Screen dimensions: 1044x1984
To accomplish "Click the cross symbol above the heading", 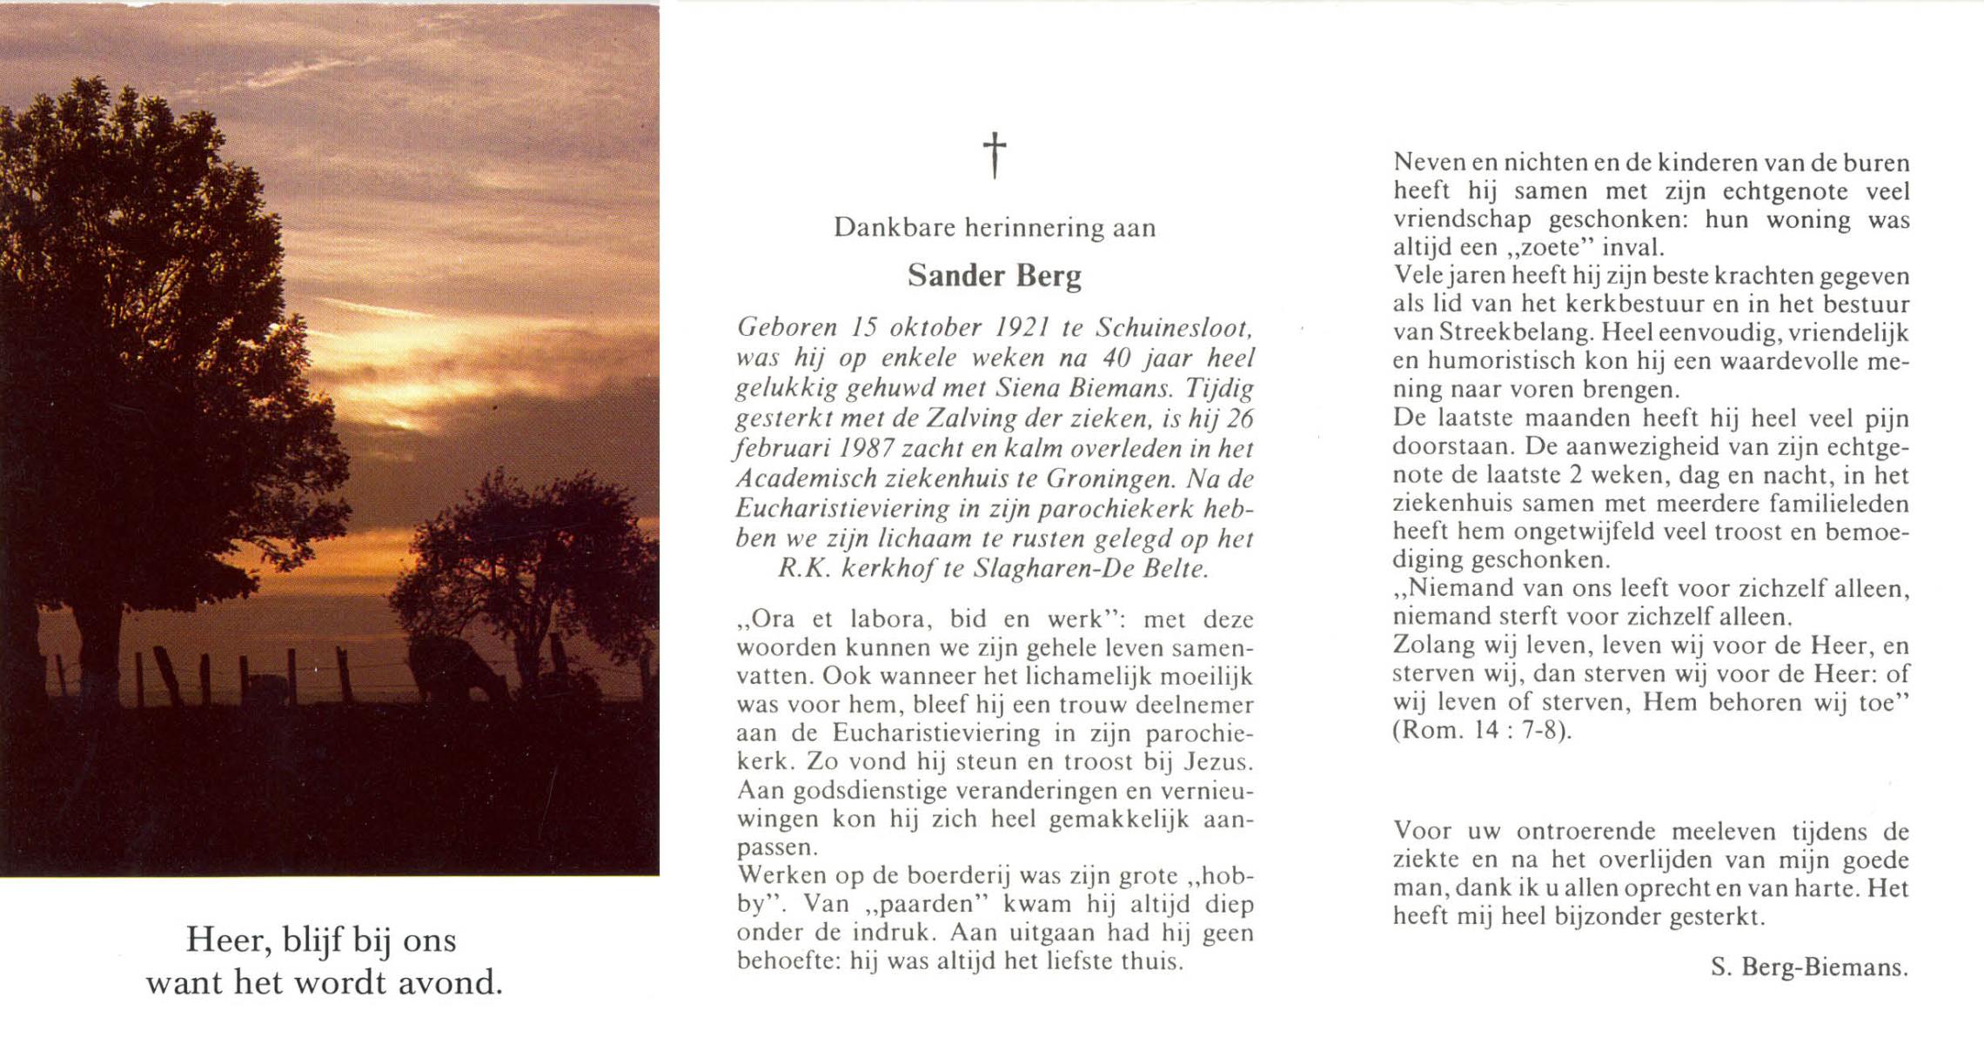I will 995,155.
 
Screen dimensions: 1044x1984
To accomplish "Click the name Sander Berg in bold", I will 995,276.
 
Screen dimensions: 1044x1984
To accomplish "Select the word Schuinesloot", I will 1173,327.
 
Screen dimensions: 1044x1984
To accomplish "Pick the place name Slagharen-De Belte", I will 1090,569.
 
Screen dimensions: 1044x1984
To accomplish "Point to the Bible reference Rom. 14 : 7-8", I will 1483,730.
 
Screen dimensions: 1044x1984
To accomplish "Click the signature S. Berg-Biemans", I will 1809,967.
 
